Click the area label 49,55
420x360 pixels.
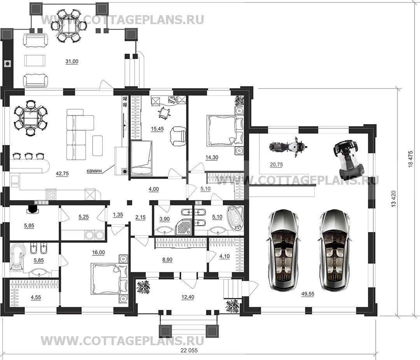tap(307, 294)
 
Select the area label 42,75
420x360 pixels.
tap(62, 173)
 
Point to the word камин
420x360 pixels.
tap(94, 171)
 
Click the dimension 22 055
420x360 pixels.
tap(189, 350)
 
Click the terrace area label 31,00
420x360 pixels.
tap(72, 61)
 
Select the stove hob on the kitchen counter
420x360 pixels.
tap(51, 194)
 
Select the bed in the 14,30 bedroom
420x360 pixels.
tap(225, 130)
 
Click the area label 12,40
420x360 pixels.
tap(188, 297)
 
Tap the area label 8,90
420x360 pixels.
tap(167, 260)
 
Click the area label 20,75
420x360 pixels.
tap(276, 165)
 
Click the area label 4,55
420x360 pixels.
tap(36, 297)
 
